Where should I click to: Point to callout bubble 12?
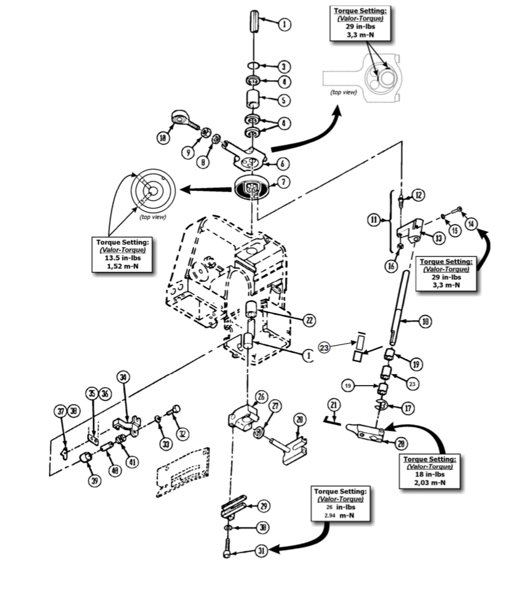click(x=418, y=195)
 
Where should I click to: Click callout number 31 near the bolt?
click(x=261, y=552)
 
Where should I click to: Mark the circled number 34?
click(x=123, y=377)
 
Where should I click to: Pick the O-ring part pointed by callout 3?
click(x=252, y=66)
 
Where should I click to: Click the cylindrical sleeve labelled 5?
click(x=254, y=101)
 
